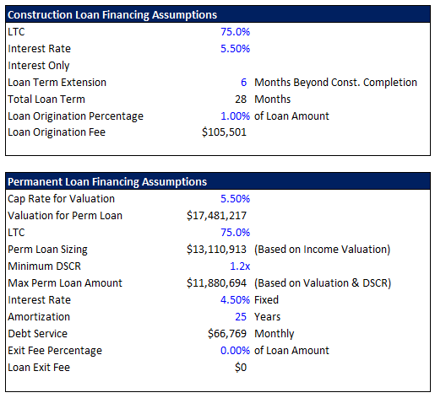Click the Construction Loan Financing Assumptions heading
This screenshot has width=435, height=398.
(112, 15)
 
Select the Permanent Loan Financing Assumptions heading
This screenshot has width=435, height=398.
(107, 182)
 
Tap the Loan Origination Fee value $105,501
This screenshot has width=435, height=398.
(224, 132)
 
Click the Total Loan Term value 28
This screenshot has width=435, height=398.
(241, 99)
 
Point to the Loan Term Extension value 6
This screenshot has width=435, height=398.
(243, 83)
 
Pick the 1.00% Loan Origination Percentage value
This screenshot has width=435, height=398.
(235, 116)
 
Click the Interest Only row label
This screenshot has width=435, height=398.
(39, 66)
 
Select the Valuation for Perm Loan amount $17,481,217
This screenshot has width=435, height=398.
(216, 216)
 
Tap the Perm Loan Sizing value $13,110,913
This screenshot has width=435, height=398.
(216, 250)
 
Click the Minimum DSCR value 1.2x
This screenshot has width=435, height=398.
(240, 266)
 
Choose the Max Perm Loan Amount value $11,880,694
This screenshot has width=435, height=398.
(216, 283)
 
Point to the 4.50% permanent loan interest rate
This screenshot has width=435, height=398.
(235, 300)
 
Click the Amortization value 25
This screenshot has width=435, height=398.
(241, 317)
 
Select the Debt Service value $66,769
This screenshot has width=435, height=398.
(227, 334)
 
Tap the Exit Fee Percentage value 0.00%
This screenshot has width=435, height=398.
(235, 351)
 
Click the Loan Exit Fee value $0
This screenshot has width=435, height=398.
(241, 368)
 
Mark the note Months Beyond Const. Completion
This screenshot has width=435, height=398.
(335, 83)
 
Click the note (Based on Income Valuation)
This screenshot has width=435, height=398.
(323, 250)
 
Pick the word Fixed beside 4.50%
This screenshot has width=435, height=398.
(266, 300)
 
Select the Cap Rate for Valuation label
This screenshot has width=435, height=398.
(62, 199)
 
